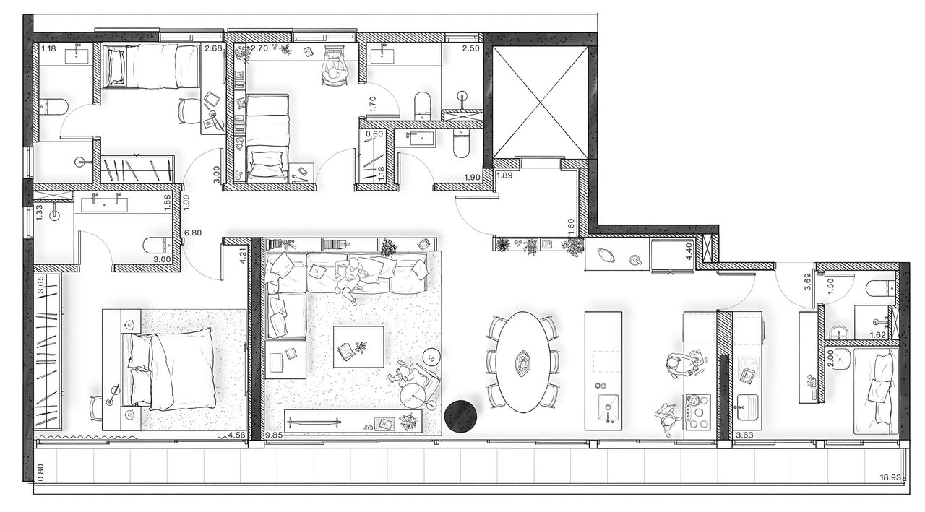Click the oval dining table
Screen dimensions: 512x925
point(522,362)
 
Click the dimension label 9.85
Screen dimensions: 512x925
point(275,435)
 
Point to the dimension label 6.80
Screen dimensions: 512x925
point(192,233)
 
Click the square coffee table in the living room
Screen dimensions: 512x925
point(358,346)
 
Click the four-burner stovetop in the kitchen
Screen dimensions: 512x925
point(698,411)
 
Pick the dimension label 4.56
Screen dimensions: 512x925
point(237,435)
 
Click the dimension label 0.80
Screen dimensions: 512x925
point(40,471)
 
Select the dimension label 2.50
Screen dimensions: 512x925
point(470,48)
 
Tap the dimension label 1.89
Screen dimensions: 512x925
point(504,174)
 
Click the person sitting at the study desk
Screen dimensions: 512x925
point(332,71)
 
